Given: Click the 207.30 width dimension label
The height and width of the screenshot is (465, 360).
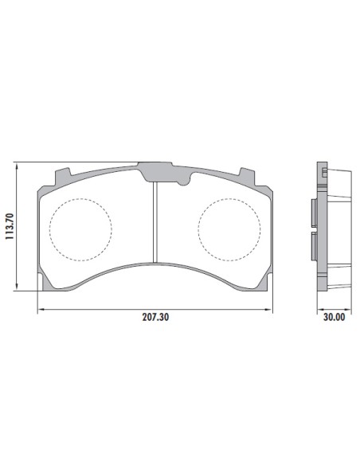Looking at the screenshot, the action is pyautogui.click(x=155, y=317).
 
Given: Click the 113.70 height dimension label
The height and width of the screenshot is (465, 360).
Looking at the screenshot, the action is pyautogui.click(x=10, y=227).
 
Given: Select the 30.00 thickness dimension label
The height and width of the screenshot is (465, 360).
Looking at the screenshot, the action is pyautogui.click(x=335, y=317).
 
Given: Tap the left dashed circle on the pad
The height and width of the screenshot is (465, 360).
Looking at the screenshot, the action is pyautogui.click(x=80, y=229).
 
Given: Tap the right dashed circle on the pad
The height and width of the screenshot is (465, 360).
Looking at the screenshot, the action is pyautogui.click(x=229, y=229).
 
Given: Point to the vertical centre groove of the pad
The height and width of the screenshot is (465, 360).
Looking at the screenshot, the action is pyautogui.click(x=155, y=222).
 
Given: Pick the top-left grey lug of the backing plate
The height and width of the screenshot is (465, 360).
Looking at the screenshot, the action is pyautogui.click(x=63, y=178).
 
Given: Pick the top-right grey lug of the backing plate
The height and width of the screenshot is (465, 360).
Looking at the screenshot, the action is pyautogui.click(x=248, y=178).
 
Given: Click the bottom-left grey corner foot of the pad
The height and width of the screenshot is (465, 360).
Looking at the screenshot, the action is pyautogui.click(x=48, y=283).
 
